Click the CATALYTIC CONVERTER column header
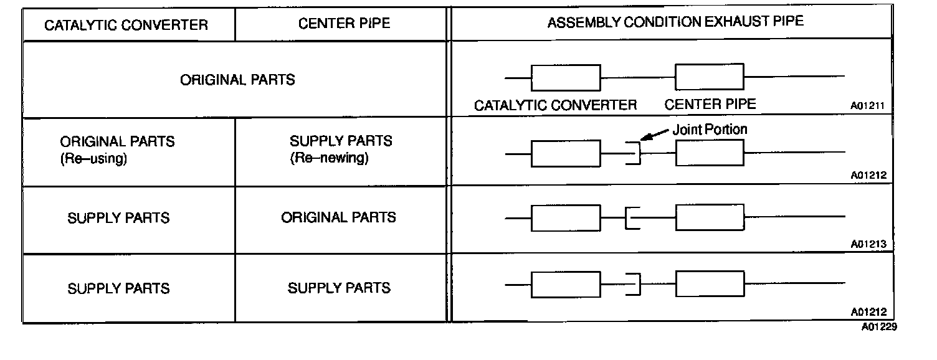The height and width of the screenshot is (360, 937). [126, 26]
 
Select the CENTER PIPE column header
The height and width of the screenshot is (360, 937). [344, 24]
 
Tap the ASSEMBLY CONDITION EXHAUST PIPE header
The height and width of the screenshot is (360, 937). [675, 22]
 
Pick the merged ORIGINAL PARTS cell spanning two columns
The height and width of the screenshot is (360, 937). [237, 80]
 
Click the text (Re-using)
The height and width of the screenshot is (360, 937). [93, 158]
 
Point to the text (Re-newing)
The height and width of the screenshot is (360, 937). [329, 158]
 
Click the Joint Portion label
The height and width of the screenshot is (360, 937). [710, 130]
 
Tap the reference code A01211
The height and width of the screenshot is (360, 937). [868, 106]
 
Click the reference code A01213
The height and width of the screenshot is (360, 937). [868, 245]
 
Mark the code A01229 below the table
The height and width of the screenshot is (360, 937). [879, 326]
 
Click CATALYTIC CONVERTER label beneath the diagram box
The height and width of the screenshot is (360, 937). [556, 105]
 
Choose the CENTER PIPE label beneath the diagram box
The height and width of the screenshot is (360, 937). [710, 104]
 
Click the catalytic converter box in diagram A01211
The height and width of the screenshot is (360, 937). [566, 77]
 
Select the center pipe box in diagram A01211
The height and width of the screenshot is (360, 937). [710, 77]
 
